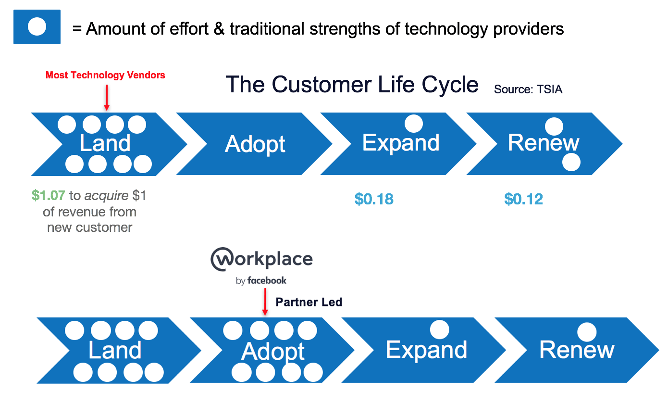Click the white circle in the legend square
[x=37, y=26]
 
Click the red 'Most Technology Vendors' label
[x=105, y=75]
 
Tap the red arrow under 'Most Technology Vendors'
[x=107, y=98]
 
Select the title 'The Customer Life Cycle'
[x=352, y=85]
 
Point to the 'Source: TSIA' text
[x=528, y=89]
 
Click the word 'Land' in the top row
[x=105, y=143]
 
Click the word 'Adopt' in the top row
[x=255, y=144]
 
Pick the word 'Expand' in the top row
[x=401, y=143]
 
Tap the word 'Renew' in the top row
[x=544, y=143]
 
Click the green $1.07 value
[x=49, y=195]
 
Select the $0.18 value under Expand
[x=374, y=199]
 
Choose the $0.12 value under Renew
[x=524, y=199]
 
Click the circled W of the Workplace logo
[x=222, y=259]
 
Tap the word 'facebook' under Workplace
[x=267, y=280]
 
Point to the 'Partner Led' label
[x=309, y=302]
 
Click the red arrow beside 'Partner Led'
[x=265, y=302]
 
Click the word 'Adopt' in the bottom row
[x=272, y=352]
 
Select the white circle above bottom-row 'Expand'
[x=440, y=330]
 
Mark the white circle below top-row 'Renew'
[x=571, y=162]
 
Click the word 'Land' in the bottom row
[x=115, y=350]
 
